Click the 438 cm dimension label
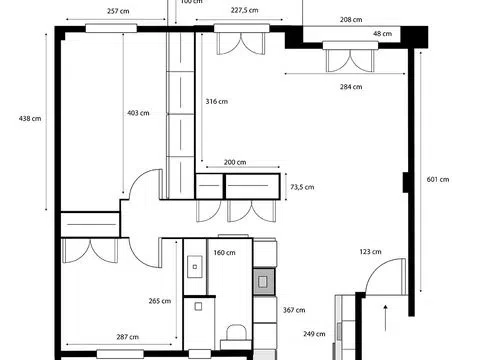coord(30,118)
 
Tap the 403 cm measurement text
coord(138,113)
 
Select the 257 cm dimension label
coord(118,11)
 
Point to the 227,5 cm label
coord(244,10)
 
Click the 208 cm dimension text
coord(351,20)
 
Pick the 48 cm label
coord(382,34)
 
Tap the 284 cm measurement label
coord(351,87)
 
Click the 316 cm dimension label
coord(217,101)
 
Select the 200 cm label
coord(235,162)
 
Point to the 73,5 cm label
coord(302,187)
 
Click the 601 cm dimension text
coord(438,179)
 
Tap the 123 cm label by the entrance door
coord(370,252)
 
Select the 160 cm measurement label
coord(224,253)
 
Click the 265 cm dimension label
coord(160,301)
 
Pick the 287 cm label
coord(128,337)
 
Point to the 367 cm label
coord(294,310)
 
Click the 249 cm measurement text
coord(314,334)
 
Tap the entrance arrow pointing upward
coord(386,318)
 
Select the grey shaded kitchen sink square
coord(264,282)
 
